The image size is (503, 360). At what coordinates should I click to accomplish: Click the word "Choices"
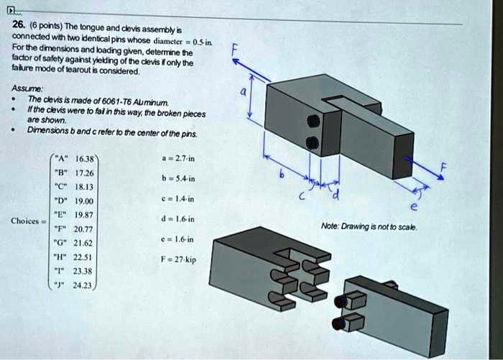click(x=27, y=221)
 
